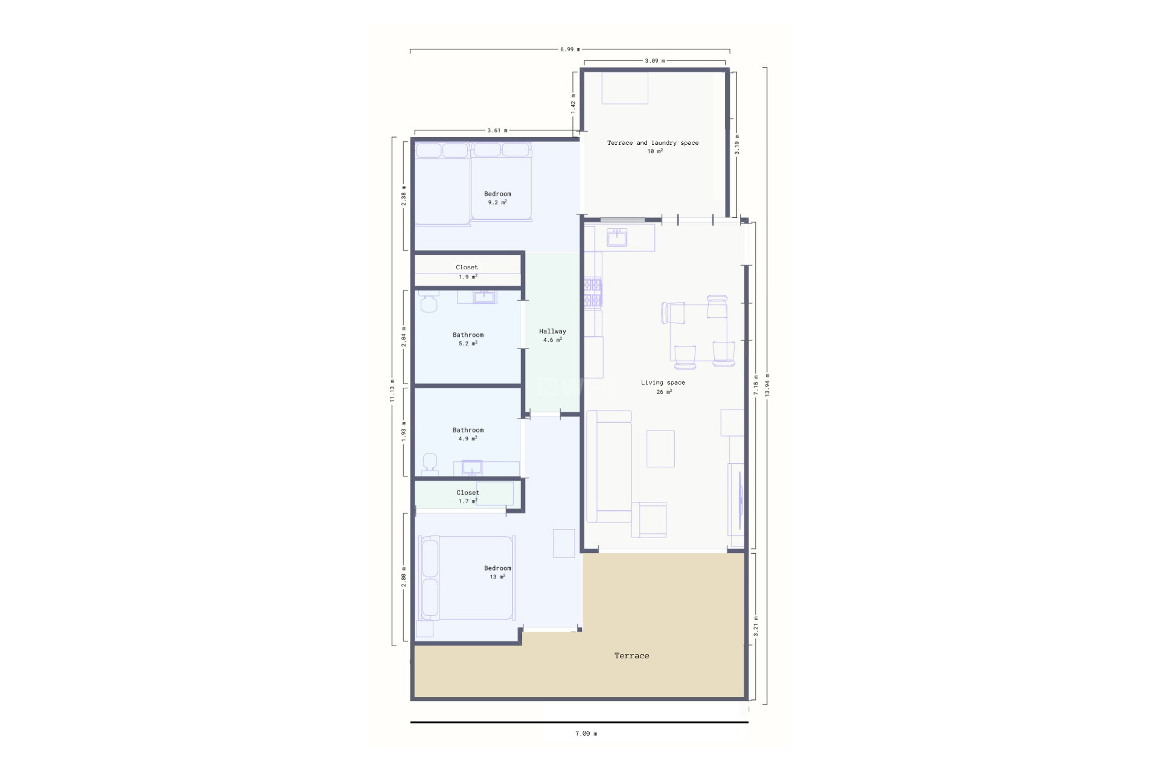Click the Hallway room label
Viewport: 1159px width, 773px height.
click(x=552, y=331)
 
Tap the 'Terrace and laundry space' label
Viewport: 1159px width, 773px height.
click(x=653, y=143)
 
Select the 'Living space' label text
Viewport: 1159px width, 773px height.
click(x=663, y=382)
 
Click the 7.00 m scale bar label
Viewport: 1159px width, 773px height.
click(x=586, y=734)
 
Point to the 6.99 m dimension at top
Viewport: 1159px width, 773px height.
click(x=570, y=50)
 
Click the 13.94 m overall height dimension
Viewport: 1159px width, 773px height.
click(x=767, y=385)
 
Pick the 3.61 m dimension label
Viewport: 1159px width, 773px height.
click(x=497, y=130)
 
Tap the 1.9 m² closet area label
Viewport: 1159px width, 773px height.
click(x=468, y=277)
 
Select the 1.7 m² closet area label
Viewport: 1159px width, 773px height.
click(x=468, y=501)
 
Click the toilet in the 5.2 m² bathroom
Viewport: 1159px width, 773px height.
click(x=429, y=303)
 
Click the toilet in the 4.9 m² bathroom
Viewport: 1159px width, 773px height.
click(x=430, y=463)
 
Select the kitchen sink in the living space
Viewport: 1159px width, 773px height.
click(x=617, y=237)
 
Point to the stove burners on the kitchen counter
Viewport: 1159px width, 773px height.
click(x=593, y=293)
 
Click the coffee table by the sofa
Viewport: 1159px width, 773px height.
click(x=660, y=448)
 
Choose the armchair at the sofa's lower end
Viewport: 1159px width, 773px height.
click(x=650, y=519)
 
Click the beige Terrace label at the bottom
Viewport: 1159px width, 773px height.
click(x=631, y=656)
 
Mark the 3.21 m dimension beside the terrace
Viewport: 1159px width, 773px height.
click(x=756, y=626)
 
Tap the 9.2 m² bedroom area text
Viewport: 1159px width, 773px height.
click(x=497, y=203)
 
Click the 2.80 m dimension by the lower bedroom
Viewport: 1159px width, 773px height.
click(x=404, y=577)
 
